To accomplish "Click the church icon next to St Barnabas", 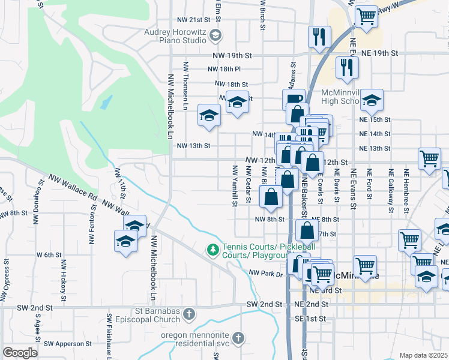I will [x=189, y=314].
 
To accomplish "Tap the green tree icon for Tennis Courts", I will [x=212, y=248].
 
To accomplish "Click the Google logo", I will [x=20, y=353].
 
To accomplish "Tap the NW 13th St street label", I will [x=193, y=145].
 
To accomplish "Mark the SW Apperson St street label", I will [x=67, y=344].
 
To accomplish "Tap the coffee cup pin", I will [x=294, y=98].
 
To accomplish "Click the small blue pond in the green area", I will [x=106, y=103].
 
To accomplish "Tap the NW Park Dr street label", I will [x=266, y=273].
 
